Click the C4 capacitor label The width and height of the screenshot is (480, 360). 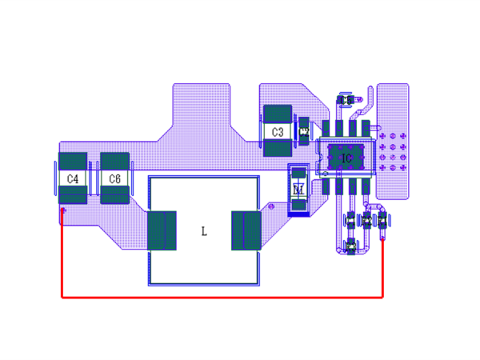[73, 178]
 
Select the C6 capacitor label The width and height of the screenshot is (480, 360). [114, 178]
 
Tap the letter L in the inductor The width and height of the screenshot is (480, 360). [204, 231]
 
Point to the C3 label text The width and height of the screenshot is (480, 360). [278, 131]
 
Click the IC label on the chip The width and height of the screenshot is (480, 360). [346, 158]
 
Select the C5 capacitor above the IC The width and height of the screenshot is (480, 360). [346, 100]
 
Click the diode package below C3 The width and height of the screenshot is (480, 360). [298, 190]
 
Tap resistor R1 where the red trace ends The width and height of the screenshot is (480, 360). [383, 222]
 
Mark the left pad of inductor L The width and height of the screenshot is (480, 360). [162, 230]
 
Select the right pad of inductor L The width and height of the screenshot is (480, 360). [246, 230]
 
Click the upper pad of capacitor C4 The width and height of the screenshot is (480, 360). [73, 161]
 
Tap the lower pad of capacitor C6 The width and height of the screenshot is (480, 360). [114, 194]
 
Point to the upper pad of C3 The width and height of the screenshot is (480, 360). [278, 114]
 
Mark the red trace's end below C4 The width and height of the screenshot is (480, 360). [62, 211]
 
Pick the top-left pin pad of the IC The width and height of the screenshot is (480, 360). [326, 128]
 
